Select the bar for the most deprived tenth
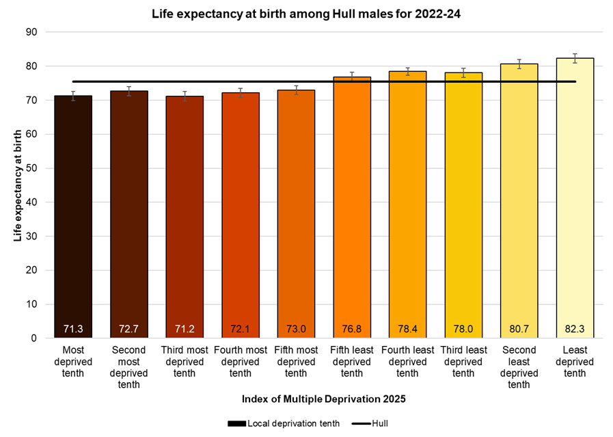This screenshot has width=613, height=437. click(73, 219)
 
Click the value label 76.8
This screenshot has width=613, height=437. click(352, 329)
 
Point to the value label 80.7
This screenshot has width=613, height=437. click(519, 329)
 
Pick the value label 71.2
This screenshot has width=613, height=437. click(185, 329)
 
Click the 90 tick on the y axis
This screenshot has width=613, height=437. click(31, 32)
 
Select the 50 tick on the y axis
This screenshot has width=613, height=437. click(31, 168)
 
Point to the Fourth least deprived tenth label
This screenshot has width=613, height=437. click(407, 362)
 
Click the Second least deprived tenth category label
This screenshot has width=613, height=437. click(519, 367)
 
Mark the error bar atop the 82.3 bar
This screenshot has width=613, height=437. click(575, 58)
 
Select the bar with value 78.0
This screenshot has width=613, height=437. click(463, 205)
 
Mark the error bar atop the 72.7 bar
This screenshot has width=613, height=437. click(129, 91)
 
